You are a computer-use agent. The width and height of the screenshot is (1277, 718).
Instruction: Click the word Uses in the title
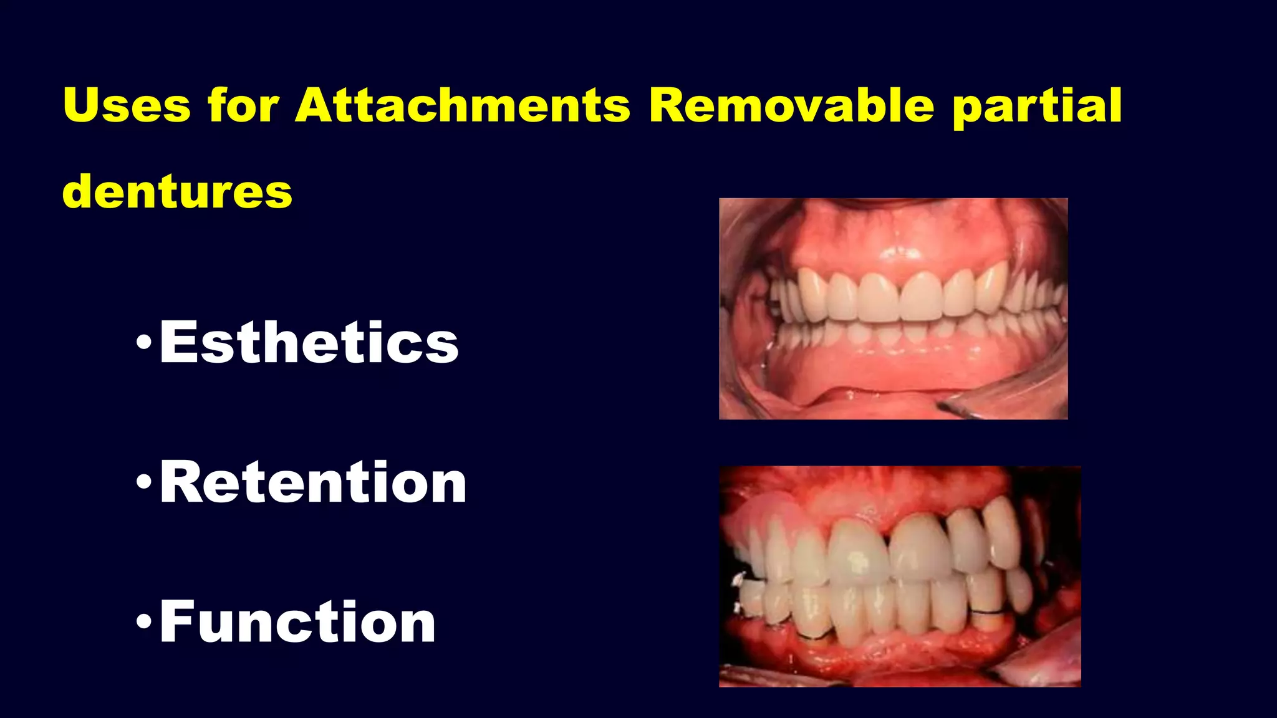click(127, 105)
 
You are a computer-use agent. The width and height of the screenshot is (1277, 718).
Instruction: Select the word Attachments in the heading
click(463, 105)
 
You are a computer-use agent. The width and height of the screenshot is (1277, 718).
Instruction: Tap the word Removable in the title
click(791, 105)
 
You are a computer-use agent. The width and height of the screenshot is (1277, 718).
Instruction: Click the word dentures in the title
click(177, 191)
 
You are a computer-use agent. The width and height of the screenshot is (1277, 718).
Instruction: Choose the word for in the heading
click(243, 105)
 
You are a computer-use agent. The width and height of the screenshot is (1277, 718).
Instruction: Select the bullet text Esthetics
click(309, 342)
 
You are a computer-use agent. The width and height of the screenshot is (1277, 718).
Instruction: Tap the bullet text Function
click(297, 622)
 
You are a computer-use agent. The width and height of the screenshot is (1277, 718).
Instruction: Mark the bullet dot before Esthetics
click(143, 342)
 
